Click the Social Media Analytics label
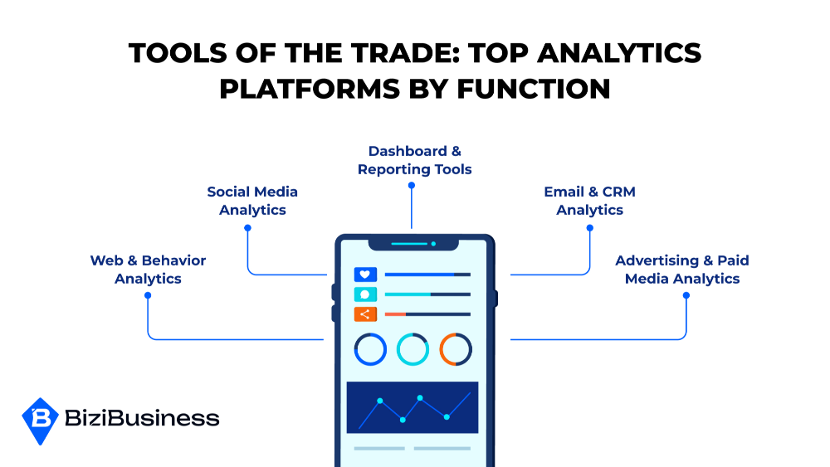pos(252,201)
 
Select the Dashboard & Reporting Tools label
pos(414,160)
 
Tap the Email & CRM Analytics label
pos(589,201)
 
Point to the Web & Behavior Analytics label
pos(148,270)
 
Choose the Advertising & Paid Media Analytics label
pos(681,270)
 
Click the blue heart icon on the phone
pos(365,275)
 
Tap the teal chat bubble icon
pos(365,294)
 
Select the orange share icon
pos(365,314)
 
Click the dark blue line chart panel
pos(413,407)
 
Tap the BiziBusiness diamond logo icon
pos(40,421)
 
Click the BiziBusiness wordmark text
pos(142,418)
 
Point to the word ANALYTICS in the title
pos(619,53)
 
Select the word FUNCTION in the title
pos(534,88)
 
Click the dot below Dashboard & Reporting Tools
pos(412,185)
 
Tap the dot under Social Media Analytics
pos(247,228)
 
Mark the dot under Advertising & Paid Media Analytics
pos(686,295)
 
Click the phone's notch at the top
pos(413,245)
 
